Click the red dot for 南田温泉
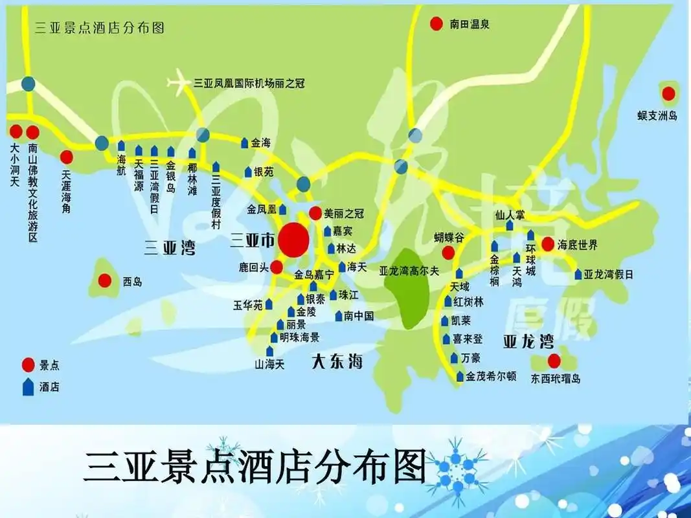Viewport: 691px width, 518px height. point(436,24)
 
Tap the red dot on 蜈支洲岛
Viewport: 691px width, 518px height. point(668,94)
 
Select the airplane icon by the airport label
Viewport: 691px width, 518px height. point(179,83)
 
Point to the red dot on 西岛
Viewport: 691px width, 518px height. point(104,281)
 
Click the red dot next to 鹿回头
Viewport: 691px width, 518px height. point(277,267)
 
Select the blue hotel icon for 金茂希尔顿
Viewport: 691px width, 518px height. point(460,376)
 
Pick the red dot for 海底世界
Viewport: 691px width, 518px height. point(547,244)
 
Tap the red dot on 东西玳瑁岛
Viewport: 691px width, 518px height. point(554,361)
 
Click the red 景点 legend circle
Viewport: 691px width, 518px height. point(28,365)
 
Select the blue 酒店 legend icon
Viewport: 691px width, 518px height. point(28,387)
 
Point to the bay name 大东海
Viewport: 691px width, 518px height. point(337,361)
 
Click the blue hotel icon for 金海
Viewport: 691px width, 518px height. point(244,142)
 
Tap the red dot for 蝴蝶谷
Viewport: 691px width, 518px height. point(447,253)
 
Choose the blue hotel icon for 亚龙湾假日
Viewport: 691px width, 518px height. point(578,275)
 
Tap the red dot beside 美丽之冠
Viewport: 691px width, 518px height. point(315,213)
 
